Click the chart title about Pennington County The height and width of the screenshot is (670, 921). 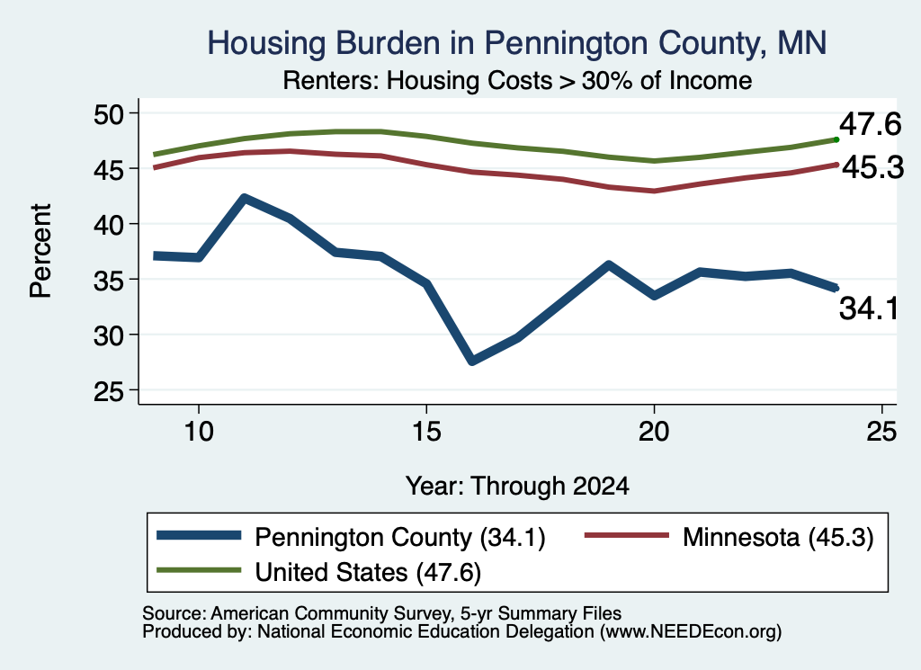[517, 44]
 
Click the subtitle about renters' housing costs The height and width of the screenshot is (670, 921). [517, 80]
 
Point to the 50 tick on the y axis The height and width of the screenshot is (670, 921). [109, 113]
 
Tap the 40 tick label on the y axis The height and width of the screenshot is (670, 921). [109, 224]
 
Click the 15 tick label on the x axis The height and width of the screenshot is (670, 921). [426, 432]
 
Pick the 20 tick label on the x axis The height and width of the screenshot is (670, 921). [654, 432]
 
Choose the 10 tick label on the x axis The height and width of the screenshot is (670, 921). [199, 432]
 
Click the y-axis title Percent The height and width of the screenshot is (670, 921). [40, 251]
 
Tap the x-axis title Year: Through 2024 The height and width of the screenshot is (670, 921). [517, 487]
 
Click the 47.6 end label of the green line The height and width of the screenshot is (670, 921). [870, 124]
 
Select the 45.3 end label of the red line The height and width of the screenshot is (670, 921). [872, 168]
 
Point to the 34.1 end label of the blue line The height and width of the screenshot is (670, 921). [869, 308]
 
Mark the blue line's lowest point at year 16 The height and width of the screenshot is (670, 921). [472, 361]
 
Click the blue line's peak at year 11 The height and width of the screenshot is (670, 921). [245, 199]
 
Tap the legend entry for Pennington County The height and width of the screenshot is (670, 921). [352, 537]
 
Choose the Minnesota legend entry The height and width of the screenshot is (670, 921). [729, 537]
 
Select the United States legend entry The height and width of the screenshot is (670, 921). [319, 572]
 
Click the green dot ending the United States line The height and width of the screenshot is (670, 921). [836, 139]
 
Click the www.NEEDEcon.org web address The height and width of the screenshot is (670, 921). [690, 632]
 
